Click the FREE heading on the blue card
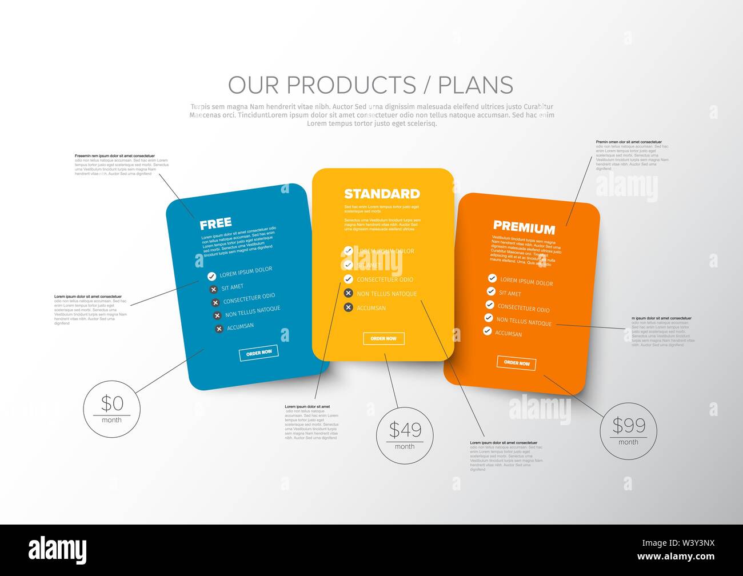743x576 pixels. (215, 223)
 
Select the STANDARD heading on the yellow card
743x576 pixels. (382, 194)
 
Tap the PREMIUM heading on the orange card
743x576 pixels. (524, 228)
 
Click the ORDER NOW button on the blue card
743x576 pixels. (258, 353)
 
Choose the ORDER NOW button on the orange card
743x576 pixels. (516, 363)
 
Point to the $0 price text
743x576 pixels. (112, 403)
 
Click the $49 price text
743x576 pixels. (405, 429)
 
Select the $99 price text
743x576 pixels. (629, 425)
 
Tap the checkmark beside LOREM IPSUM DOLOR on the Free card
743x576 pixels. (211, 276)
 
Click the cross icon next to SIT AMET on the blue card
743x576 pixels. (214, 289)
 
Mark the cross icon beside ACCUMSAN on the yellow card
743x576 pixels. (348, 307)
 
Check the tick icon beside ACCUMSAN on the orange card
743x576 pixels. (487, 331)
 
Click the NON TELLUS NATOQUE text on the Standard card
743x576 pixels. (387, 294)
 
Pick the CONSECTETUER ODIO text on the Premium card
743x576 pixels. (523, 309)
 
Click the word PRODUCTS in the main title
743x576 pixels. (351, 85)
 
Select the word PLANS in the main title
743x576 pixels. (476, 85)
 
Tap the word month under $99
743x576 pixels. (628, 442)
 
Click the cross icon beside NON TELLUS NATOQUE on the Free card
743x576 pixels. (217, 315)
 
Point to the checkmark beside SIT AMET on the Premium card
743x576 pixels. (490, 291)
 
